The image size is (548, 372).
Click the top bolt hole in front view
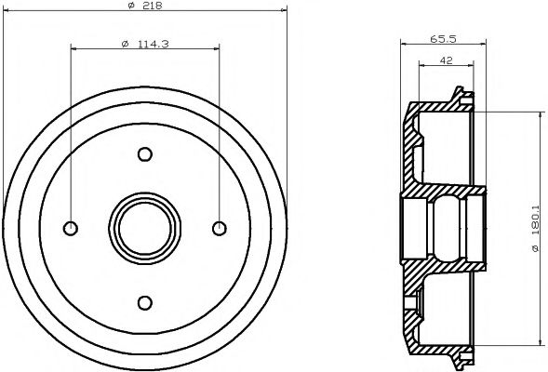144,154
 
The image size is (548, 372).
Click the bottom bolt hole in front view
144,301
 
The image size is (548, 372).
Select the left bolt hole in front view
71,228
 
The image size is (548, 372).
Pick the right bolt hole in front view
219,228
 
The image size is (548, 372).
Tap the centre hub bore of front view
144,228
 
